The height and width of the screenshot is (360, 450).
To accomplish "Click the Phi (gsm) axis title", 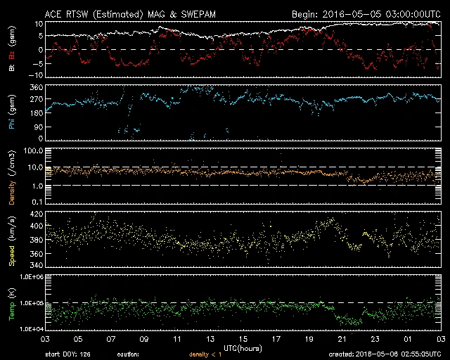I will (x=11, y=110).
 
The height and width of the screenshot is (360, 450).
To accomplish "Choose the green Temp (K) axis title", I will (x=11, y=303).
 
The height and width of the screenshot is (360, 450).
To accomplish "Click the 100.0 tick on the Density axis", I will (x=33, y=151).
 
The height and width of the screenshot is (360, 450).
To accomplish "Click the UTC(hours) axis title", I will (x=242, y=347).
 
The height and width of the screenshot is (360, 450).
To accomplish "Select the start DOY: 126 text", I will (x=67, y=354).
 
